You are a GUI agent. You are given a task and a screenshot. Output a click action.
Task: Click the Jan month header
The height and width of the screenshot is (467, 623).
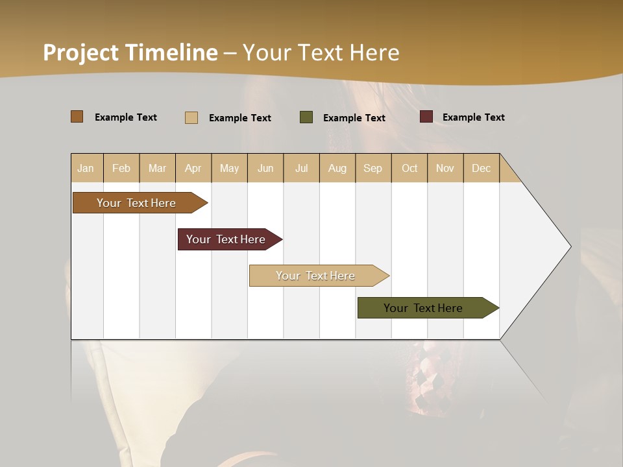[x=86, y=168]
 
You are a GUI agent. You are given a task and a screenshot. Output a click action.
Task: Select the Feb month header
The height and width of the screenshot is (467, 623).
[x=121, y=168]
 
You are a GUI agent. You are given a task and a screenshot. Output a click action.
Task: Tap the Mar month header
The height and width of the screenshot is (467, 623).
[x=157, y=168]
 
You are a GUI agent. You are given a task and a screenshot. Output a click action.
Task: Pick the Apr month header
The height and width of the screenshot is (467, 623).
[x=193, y=168]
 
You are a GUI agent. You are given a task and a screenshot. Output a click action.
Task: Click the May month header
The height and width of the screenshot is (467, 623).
[x=229, y=168]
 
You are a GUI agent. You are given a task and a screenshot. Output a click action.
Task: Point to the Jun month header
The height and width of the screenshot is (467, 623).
[x=265, y=168]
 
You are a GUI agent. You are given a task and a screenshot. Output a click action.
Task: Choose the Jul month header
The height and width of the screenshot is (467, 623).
[x=301, y=168]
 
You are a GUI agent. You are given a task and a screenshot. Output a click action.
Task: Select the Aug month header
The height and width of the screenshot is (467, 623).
[x=337, y=168]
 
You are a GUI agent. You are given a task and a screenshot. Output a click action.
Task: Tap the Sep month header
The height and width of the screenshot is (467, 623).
[x=373, y=168]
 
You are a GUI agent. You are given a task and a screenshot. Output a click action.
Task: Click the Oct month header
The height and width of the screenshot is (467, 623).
[x=409, y=168]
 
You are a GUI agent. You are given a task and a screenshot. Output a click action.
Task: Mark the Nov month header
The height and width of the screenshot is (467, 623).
[x=445, y=168]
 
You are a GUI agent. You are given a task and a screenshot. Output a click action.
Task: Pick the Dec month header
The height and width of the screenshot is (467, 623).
[x=481, y=168]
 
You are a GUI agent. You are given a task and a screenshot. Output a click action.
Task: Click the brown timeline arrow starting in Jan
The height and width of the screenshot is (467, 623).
[x=137, y=203]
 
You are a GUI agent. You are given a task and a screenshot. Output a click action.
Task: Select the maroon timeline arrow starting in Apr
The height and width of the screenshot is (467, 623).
[x=226, y=239]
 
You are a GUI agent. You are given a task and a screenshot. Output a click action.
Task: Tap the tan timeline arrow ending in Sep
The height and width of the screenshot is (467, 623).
[x=316, y=276]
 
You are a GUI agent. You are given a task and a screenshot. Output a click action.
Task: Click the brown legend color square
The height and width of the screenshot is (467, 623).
[x=77, y=117]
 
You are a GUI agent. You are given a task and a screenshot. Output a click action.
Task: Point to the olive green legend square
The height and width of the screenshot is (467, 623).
[x=306, y=117]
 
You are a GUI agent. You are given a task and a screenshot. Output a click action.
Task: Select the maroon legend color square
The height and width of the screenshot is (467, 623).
[x=426, y=117]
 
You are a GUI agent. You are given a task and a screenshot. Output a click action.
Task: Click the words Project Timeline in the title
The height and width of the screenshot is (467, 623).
[x=130, y=53]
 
